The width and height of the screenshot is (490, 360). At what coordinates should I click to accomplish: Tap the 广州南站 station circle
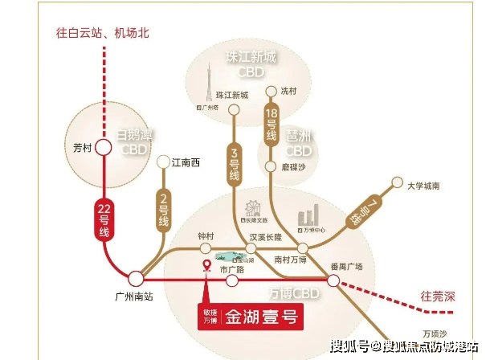point(137,278)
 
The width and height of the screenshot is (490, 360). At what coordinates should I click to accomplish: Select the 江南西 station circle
point(164,162)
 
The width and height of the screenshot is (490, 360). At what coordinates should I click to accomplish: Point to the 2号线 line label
point(164,207)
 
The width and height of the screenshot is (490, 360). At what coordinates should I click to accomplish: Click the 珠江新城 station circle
point(234,108)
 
